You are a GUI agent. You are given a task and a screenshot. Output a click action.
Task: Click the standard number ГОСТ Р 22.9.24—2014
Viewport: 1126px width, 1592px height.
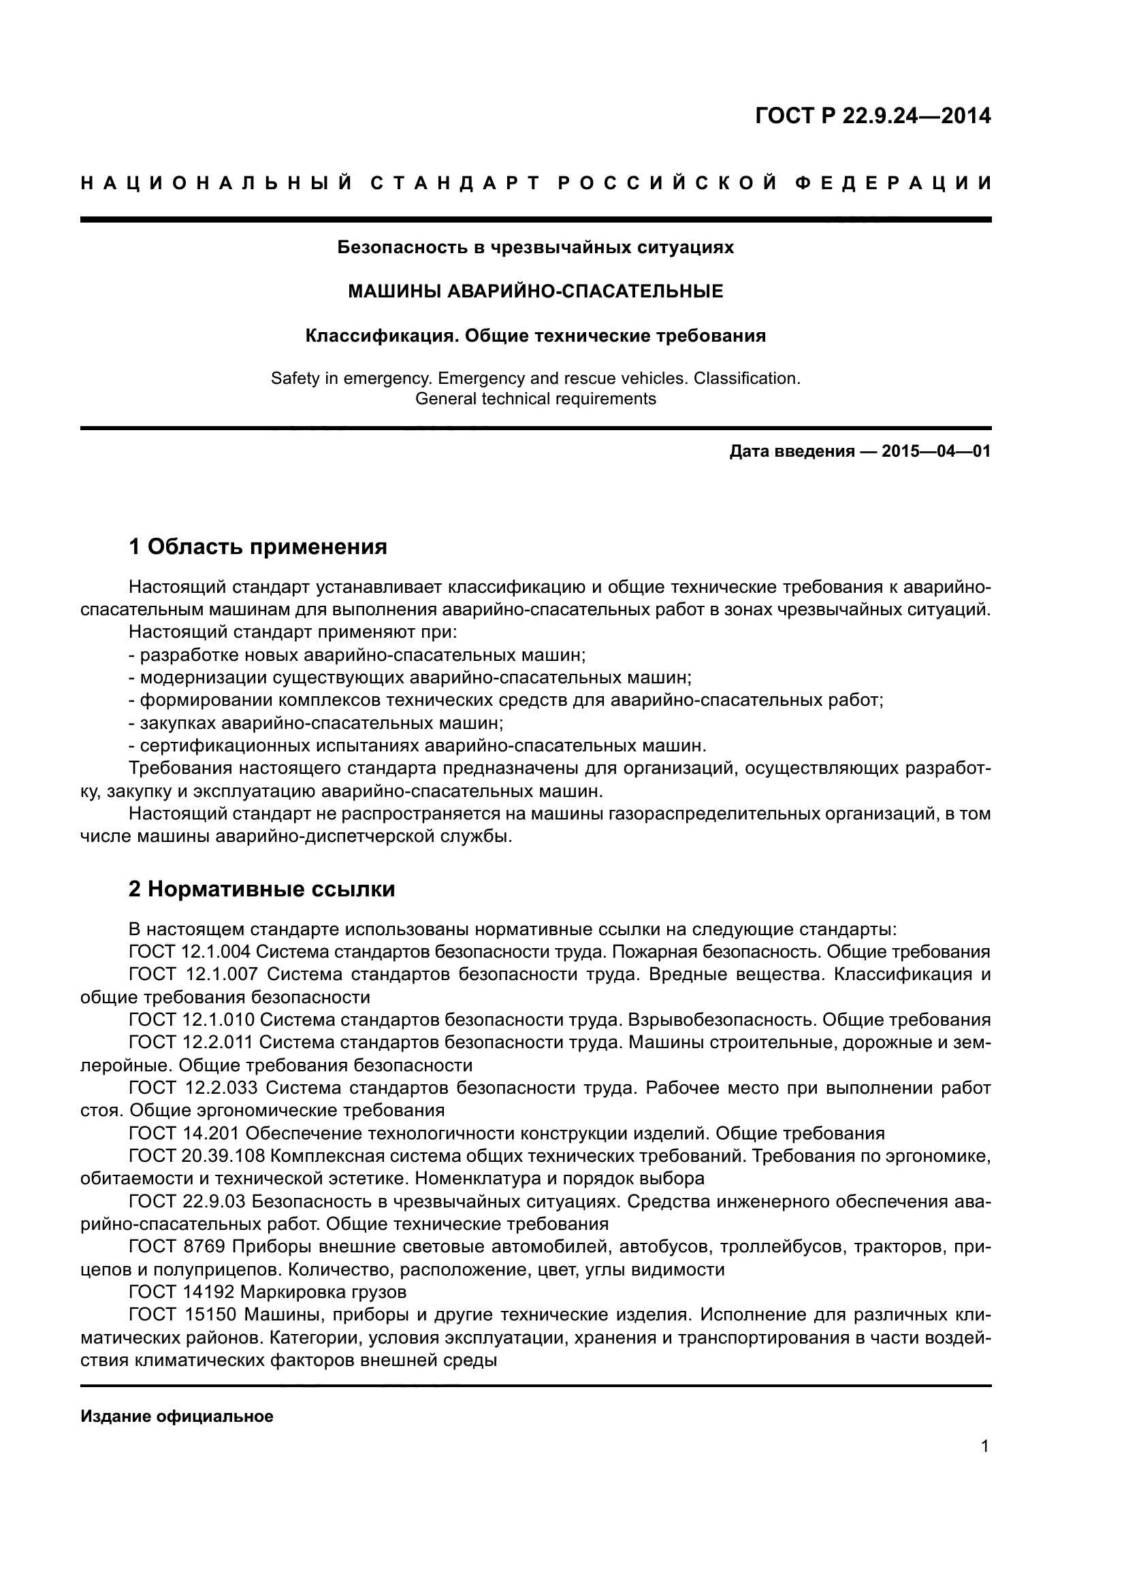(872, 116)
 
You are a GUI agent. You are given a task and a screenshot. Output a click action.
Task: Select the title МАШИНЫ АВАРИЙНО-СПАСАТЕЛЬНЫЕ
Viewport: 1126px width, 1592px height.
(535, 291)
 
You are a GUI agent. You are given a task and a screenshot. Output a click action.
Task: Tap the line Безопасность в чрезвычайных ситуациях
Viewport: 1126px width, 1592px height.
(535, 247)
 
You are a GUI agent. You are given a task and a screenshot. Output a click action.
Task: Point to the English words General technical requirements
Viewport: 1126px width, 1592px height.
(535, 399)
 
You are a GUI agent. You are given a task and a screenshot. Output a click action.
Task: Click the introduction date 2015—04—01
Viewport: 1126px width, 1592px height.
(936, 452)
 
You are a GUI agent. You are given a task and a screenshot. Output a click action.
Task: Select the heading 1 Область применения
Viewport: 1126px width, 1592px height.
(257, 547)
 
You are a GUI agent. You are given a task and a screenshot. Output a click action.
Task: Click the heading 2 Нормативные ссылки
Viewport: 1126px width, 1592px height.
(261, 889)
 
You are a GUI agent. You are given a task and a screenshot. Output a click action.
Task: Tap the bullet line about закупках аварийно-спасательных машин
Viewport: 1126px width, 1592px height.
(315, 724)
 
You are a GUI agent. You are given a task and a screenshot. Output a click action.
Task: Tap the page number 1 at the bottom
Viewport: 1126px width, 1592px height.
(985, 1446)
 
